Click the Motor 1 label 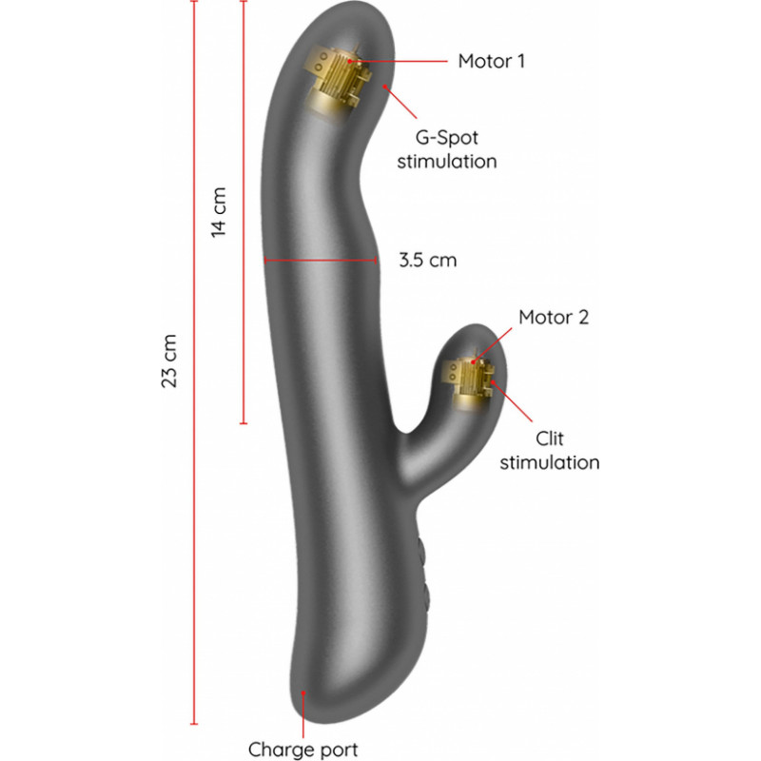coord(491,61)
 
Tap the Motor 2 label coord(554,318)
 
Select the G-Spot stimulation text coord(447,149)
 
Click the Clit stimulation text coord(550,450)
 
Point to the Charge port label coord(302,750)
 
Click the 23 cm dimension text coord(169,361)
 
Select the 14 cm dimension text coord(219,212)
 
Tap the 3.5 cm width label coord(427,260)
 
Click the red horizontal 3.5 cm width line coord(321,261)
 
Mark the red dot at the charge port coord(303,693)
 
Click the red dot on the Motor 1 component coord(349,61)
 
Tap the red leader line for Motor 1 coord(398,61)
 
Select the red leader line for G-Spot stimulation coord(400,103)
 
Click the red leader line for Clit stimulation coord(512,401)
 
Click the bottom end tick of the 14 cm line coord(244,423)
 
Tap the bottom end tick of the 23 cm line coord(194,724)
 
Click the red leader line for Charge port coord(303,715)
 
